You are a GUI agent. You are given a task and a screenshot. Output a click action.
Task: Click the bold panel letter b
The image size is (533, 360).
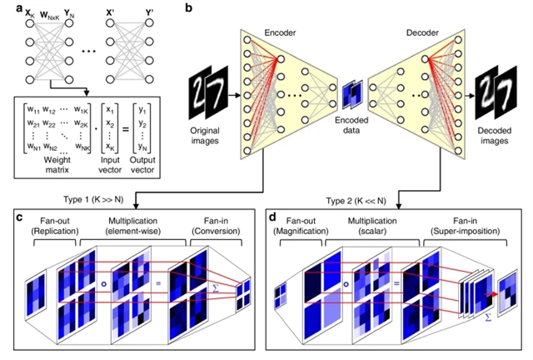pyautogui.click(x=189, y=7)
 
